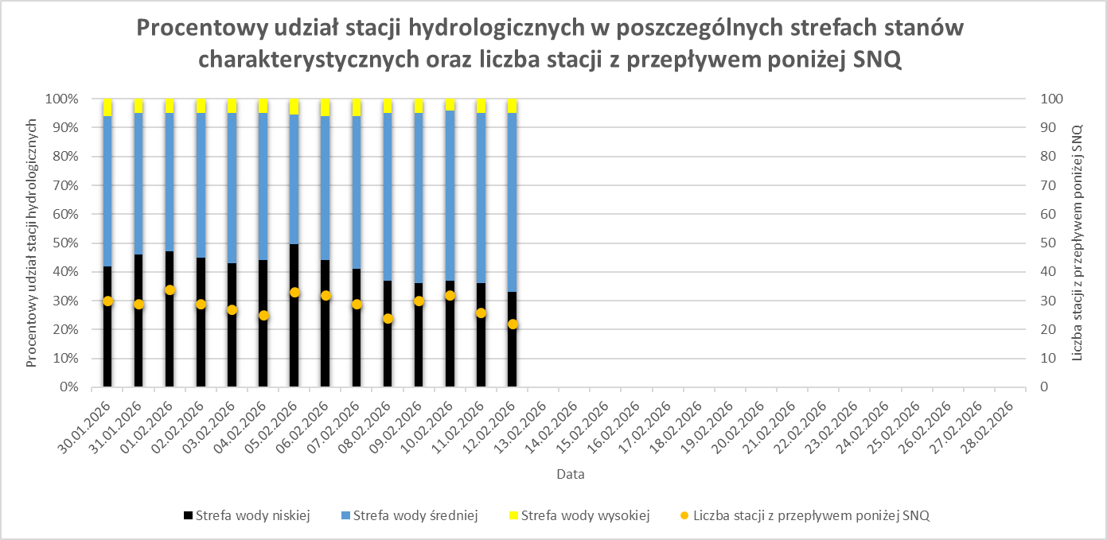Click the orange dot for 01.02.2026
click(170, 290)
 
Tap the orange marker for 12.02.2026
click(513, 324)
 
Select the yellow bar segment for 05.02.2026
click(294, 107)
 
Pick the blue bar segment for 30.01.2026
click(107, 191)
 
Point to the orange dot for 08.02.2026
click(388, 319)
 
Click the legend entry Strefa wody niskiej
click(247, 515)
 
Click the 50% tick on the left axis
click(65, 243)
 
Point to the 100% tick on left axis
click(64, 99)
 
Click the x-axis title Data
click(571, 475)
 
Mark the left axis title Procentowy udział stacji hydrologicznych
click(32, 243)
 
